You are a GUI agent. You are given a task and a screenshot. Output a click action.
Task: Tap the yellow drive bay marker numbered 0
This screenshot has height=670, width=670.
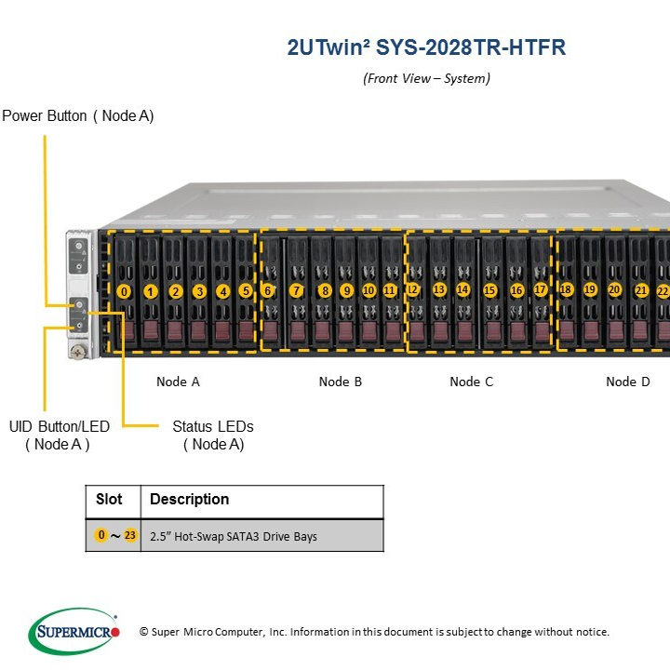125,291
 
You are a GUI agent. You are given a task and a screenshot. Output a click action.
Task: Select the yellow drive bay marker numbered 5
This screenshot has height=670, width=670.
246,290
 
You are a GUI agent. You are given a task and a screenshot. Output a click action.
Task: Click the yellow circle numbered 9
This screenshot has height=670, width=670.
346,290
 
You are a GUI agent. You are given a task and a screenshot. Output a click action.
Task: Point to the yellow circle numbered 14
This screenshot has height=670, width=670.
462,289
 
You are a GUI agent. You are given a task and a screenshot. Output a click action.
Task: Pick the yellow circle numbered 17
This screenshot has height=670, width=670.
540,289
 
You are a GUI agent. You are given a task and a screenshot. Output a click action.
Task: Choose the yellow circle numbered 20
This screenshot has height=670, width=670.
614,289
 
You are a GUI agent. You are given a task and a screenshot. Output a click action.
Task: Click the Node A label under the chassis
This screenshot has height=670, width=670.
178,382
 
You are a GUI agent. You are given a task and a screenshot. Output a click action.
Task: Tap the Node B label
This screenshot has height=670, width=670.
341,382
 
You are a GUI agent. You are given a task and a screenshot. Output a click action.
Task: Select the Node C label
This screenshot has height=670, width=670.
472,382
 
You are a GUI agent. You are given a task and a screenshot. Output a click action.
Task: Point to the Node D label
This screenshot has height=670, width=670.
628,382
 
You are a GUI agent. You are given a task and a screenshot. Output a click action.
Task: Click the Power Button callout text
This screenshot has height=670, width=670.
78,116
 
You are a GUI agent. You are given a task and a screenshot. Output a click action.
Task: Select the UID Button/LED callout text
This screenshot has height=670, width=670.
59,435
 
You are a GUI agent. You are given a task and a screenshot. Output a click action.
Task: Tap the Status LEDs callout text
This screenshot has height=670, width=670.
212,435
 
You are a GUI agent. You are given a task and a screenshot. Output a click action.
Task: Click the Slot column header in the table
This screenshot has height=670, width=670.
109,500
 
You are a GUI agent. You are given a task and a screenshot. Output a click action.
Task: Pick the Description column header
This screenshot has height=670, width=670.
189,500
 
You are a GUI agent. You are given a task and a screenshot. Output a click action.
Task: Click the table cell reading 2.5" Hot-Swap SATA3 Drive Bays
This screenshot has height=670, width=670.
234,536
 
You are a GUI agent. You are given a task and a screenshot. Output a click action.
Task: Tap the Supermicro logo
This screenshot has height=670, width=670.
74,632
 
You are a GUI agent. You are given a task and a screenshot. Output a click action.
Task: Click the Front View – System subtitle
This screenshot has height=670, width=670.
426,78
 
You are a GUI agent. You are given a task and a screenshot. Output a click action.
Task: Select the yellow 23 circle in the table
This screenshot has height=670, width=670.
129,535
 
